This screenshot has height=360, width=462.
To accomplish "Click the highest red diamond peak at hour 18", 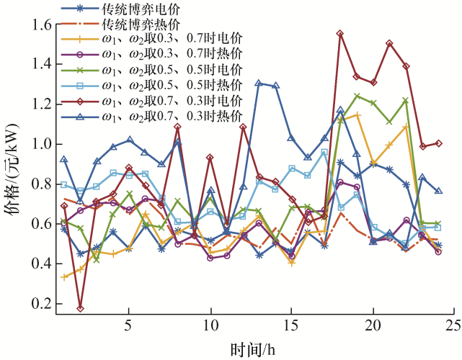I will pos(340,34).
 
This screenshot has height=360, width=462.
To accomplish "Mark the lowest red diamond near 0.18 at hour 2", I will pos(80,308).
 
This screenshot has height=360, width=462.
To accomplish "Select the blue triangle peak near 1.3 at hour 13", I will pos(259,83).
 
